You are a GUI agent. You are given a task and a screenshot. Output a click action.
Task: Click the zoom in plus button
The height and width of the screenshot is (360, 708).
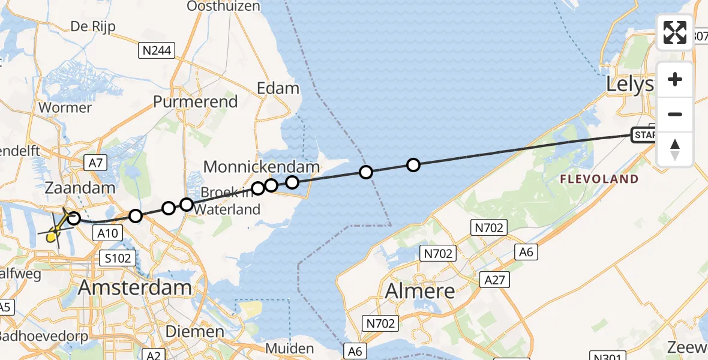pyautogui.click(x=675, y=79)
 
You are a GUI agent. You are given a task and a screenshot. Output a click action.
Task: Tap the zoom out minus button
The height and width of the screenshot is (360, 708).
pyautogui.click(x=675, y=114)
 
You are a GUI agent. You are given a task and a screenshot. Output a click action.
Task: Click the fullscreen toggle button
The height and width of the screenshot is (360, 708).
pyautogui.click(x=675, y=32)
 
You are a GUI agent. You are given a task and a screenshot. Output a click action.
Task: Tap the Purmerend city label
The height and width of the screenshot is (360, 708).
pyautogui.click(x=195, y=101)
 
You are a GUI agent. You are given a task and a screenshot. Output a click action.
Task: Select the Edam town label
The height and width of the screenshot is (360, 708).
pyautogui.click(x=278, y=88)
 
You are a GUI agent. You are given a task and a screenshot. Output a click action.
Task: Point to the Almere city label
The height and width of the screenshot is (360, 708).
pyautogui.click(x=420, y=291)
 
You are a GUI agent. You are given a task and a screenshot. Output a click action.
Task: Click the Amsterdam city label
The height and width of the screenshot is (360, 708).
pyautogui.click(x=135, y=287)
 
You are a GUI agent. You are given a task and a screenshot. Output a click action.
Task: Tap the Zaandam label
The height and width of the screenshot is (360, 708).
pyautogui.click(x=80, y=188)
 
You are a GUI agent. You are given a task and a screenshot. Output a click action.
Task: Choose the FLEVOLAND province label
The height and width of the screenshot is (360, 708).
pyautogui.click(x=598, y=179)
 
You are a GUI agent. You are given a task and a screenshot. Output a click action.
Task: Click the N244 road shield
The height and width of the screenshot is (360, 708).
pyautogui.click(x=157, y=51)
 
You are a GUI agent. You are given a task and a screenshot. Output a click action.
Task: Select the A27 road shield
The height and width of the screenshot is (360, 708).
pyautogui.click(x=494, y=279)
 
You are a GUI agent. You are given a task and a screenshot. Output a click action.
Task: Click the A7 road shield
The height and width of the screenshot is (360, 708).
pyautogui.click(x=95, y=162)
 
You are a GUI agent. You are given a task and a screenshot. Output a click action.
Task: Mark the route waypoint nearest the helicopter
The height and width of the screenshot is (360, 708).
pyautogui.click(x=74, y=218)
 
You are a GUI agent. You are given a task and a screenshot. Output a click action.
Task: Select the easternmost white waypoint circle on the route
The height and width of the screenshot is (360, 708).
pyautogui.click(x=413, y=164)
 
